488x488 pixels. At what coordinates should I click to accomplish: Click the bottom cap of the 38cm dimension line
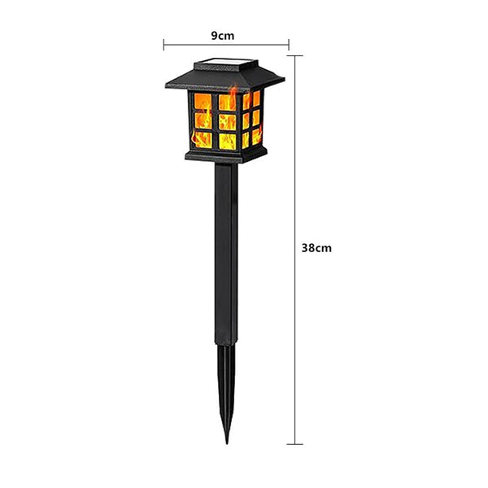(294, 444)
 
